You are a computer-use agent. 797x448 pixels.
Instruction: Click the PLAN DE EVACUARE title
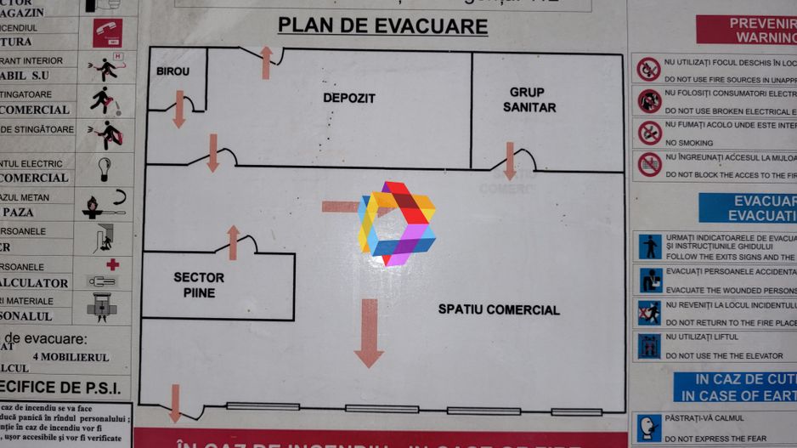tap(383, 26)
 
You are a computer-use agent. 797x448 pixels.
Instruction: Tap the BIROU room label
tap(172, 71)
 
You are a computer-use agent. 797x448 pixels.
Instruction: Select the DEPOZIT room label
tap(348, 98)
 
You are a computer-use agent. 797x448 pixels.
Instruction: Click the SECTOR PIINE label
tap(199, 285)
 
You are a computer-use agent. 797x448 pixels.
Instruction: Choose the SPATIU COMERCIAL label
tap(499, 309)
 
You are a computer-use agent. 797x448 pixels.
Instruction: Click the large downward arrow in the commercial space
tap(369, 332)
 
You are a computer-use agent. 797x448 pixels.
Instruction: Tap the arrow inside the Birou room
tap(179, 109)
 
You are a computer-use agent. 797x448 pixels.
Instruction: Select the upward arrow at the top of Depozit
tap(266, 63)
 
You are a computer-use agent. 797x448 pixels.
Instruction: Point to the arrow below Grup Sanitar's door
tap(509, 161)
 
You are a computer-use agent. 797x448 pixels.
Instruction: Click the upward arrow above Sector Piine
tap(234, 242)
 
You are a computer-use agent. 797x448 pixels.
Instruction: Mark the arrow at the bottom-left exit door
tap(175, 403)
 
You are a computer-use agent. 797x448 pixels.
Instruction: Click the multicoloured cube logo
tap(396, 224)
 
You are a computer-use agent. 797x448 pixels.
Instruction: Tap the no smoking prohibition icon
tap(650, 133)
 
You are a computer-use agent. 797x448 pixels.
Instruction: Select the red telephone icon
tap(108, 32)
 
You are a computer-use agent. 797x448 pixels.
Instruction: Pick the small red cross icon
tap(112, 264)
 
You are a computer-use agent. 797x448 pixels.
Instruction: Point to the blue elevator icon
tap(650, 345)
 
